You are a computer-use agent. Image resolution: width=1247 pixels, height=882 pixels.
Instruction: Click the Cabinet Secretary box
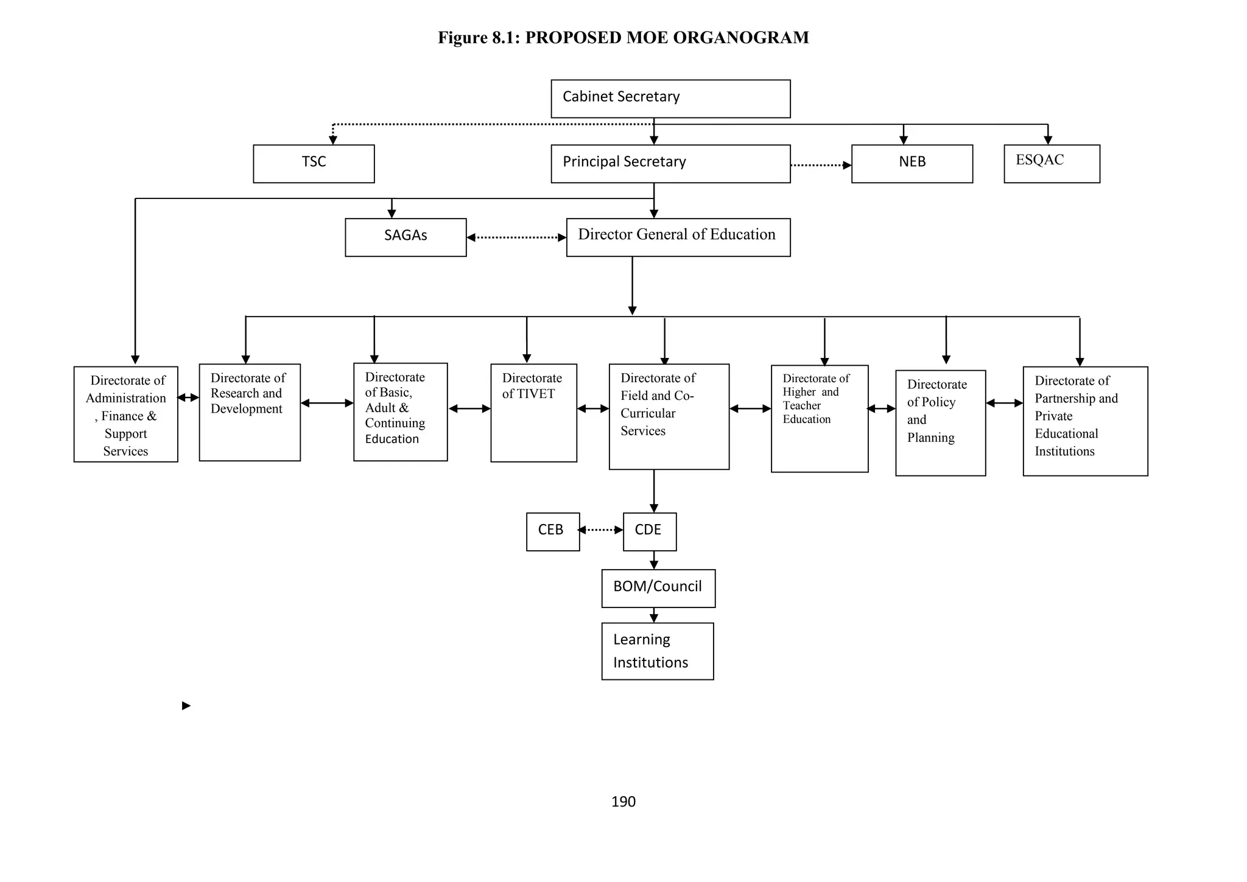coord(670,99)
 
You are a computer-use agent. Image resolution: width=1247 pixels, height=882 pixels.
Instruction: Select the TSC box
coord(314,163)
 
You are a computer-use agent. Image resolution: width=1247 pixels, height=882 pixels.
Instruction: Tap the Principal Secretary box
coord(670,163)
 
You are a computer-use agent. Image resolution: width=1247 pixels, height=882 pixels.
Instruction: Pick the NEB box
coord(912,163)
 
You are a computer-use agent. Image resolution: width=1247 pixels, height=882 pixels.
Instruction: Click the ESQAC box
coord(1052,163)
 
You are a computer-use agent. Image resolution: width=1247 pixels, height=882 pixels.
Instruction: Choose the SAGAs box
coord(406,237)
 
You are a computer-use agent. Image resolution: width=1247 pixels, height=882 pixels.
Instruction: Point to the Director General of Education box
coord(678,237)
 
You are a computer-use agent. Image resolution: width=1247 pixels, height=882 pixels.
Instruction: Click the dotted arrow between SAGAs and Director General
coord(516,237)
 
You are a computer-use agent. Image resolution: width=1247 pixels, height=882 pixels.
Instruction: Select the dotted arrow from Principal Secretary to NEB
coord(821,165)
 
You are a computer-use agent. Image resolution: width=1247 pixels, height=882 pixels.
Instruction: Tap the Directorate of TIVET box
coord(533,413)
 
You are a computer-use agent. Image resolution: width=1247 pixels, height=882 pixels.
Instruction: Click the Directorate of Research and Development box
coord(250,412)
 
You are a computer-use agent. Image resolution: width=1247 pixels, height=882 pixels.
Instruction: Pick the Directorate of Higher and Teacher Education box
coord(820,418)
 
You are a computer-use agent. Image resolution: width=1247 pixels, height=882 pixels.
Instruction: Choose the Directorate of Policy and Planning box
coord(940,422)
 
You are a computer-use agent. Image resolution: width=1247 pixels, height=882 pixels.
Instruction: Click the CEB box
coord(553,531)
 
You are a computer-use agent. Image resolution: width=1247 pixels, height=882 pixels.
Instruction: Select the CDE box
coord(649,531)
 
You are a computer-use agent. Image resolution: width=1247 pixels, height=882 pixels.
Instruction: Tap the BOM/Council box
coord(658,588)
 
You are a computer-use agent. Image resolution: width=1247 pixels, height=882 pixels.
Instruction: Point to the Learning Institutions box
coord(658,651)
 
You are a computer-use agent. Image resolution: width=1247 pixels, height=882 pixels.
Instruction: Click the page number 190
coord(623,802)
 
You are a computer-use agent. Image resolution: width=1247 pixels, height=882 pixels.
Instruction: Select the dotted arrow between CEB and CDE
coord(601,530)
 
